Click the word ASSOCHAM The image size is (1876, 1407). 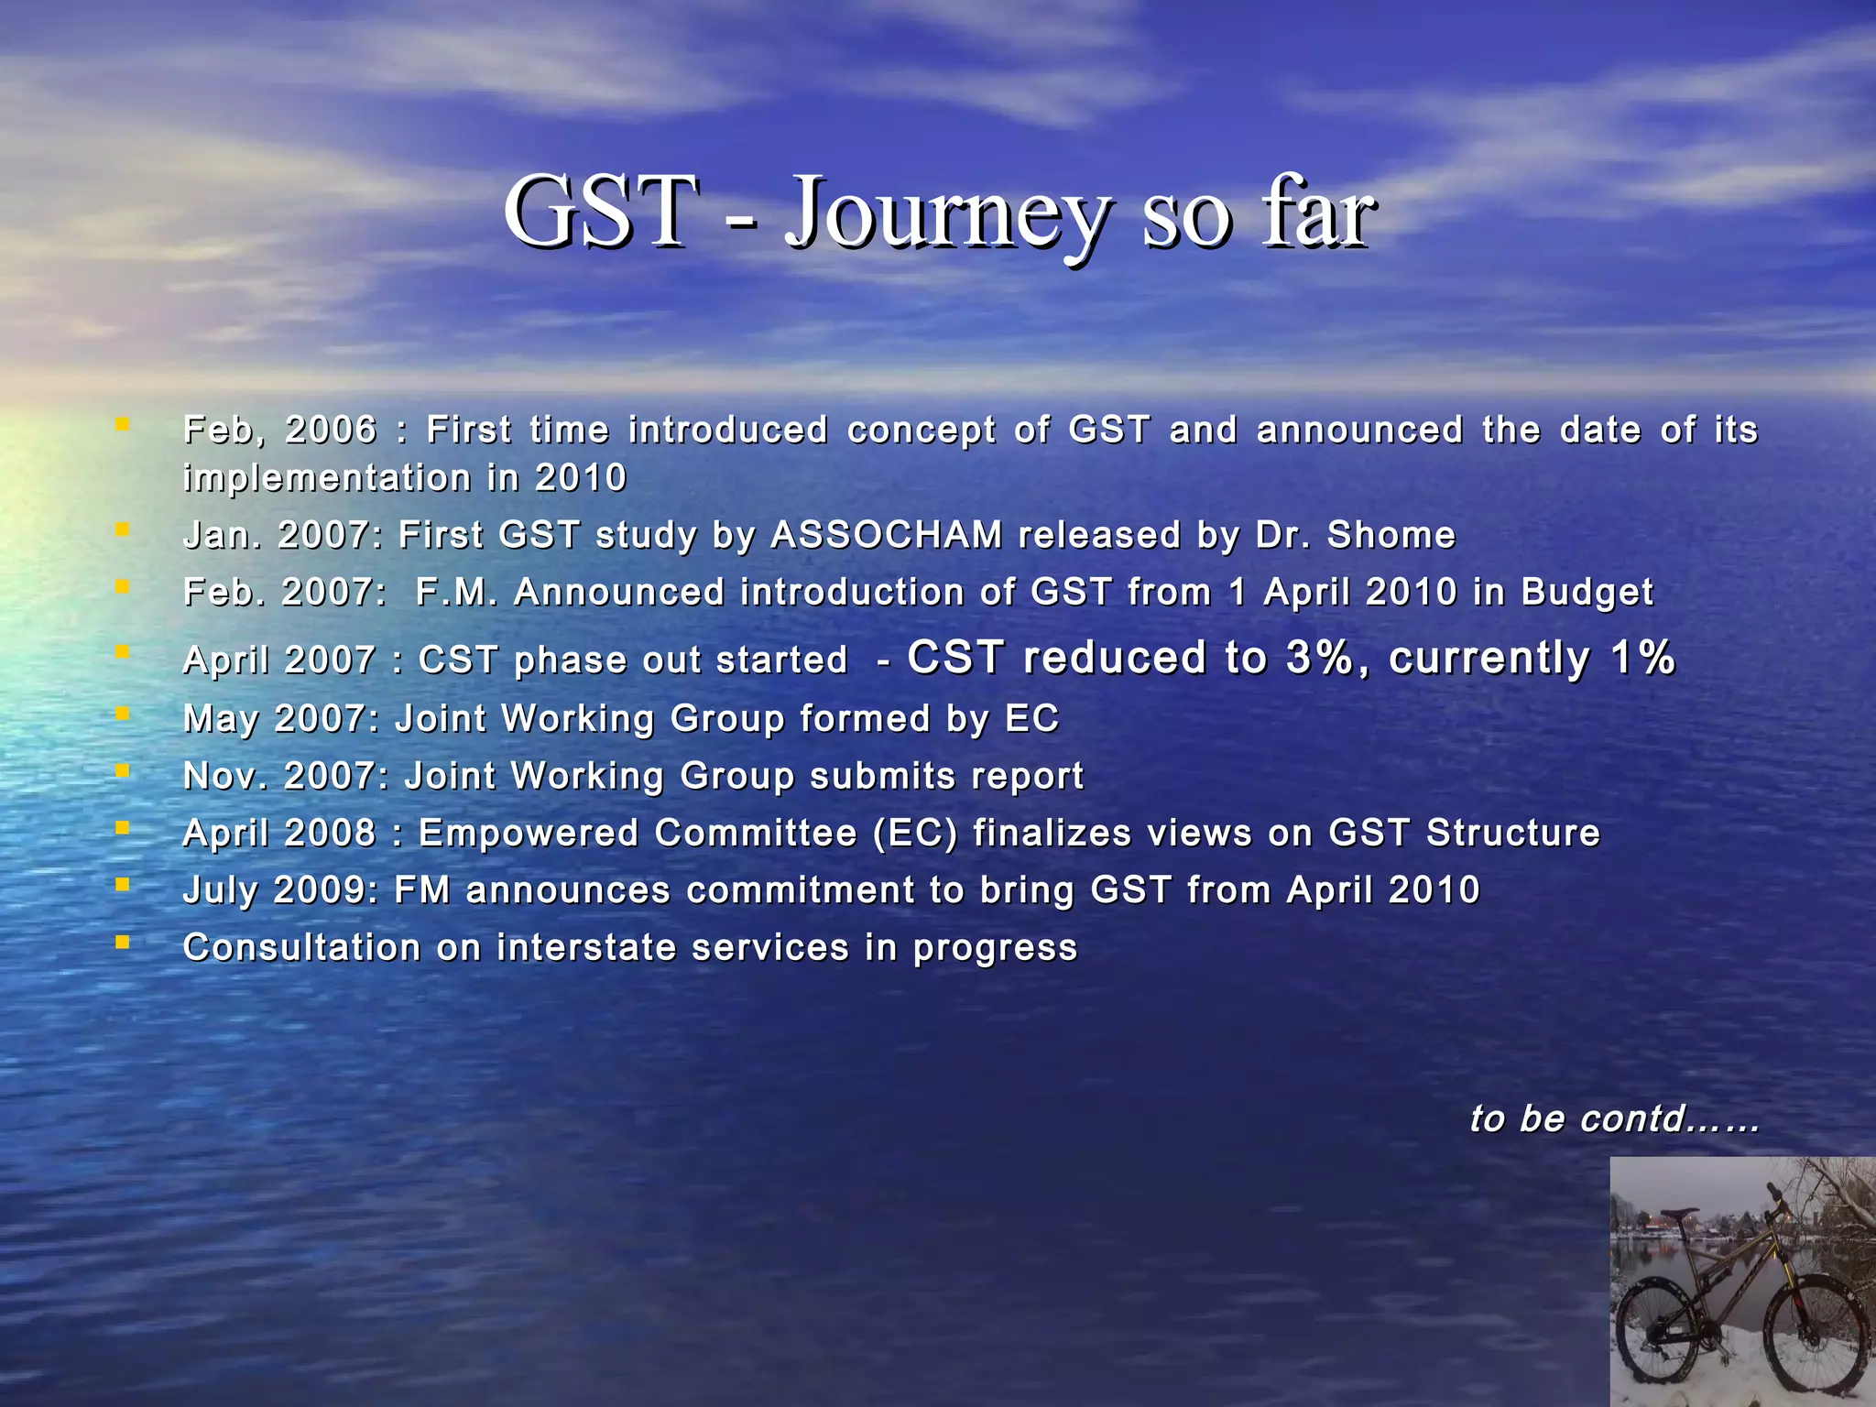pyautogui.click(x=887, y=535)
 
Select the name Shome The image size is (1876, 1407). pyautogui.click(x=1391, y=535)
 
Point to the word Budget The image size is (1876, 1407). pyautogui.click(x=1587, y=593)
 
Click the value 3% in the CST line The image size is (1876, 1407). pyautogui.click(x=1319, y=658)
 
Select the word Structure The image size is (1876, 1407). pyautogui.click(x=1512, y=833)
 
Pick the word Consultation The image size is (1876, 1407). pyautogui.click(x=301, y=947)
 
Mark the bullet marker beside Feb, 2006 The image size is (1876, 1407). pyautogui.click(x=122, y=424)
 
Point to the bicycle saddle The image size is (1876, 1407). pyautogui.click(x=1680, y=1214)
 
